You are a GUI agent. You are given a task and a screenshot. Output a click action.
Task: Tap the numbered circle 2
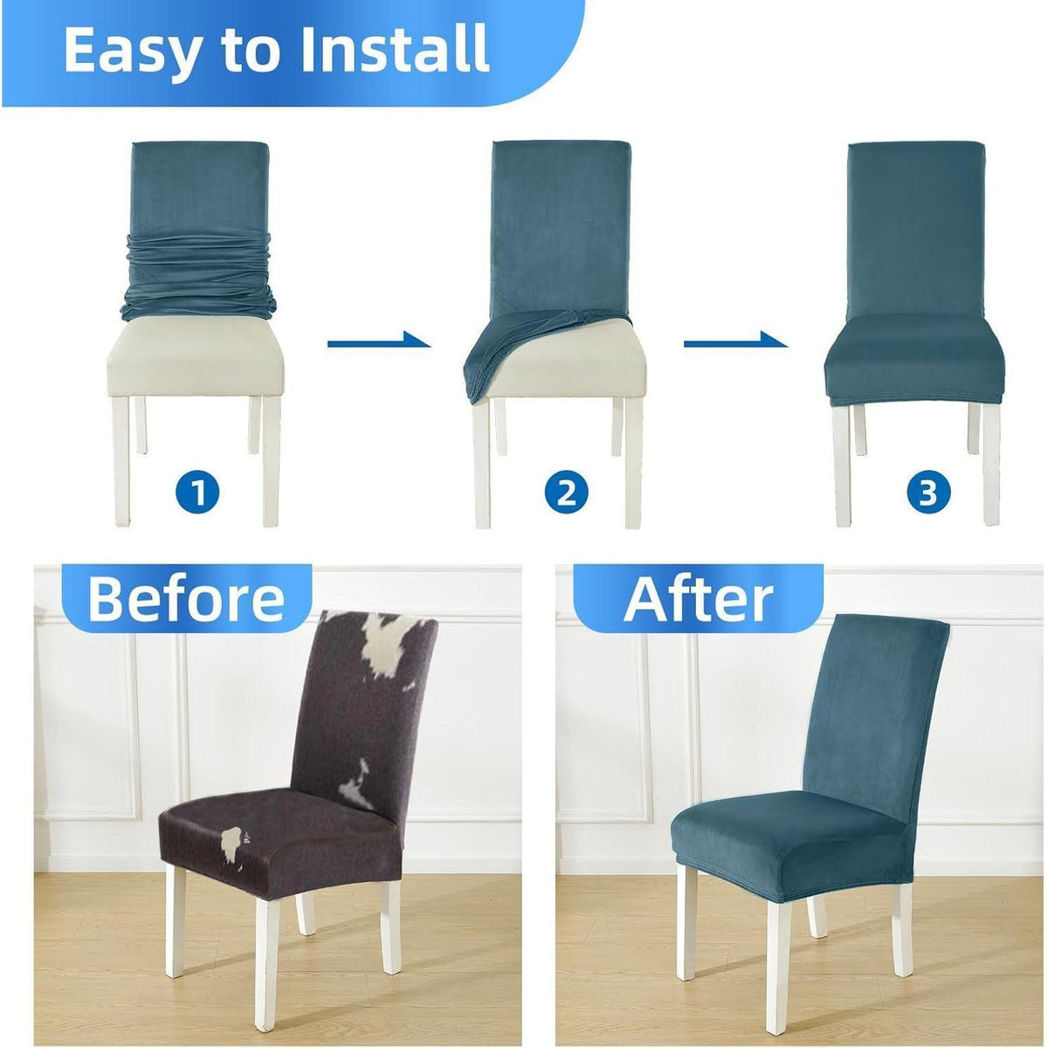566,493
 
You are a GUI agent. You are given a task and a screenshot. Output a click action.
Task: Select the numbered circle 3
928,493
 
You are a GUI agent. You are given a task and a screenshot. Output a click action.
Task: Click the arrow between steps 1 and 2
379,341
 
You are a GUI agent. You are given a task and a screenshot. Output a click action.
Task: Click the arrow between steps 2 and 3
735,341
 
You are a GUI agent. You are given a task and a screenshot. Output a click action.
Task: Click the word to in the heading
253,52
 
